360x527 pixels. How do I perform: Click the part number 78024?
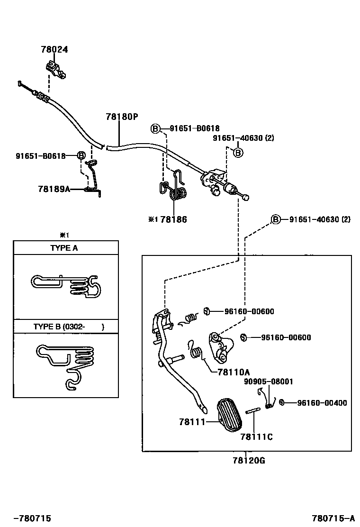(54, 49)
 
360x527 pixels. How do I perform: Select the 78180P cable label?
(121, 116)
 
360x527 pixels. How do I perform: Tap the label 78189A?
(54, 189)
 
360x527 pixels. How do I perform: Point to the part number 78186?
(173, 219)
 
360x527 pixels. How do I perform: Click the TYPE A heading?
(64, 248)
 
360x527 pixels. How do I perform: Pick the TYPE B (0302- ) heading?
(69, 327)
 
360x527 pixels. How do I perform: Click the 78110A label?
(234, 372)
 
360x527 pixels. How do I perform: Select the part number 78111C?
(256, 436)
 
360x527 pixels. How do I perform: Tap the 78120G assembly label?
(249, 460)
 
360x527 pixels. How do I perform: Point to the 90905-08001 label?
(269, 381)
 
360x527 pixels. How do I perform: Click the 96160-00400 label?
(322, 403)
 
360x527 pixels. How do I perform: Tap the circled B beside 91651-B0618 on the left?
(81, 155)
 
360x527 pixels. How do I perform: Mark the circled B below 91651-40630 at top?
(238, 152)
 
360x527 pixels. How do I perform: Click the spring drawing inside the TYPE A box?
(66, 287)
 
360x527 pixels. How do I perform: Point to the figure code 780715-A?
(333, 518)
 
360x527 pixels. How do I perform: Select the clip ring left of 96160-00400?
(281, 402)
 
